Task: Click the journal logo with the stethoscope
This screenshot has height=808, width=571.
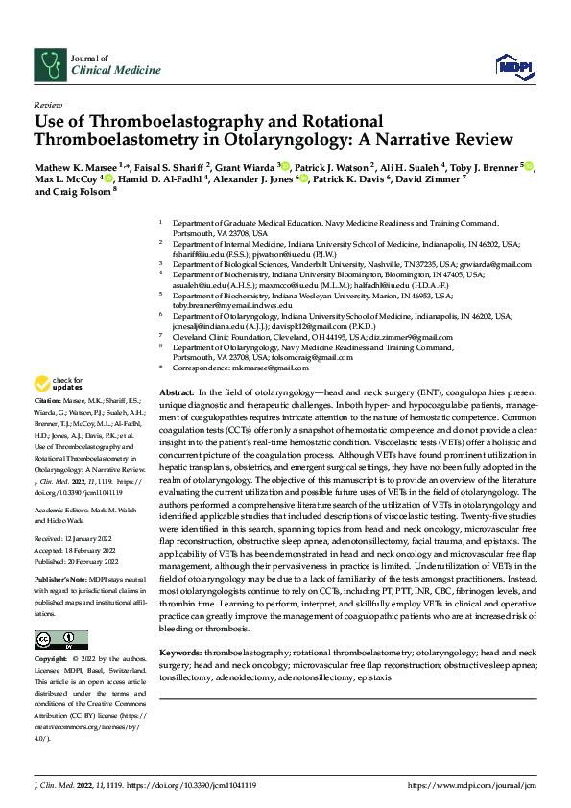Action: click(x=48, y=64)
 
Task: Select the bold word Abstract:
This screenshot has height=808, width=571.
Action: click(x=176, y=394)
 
